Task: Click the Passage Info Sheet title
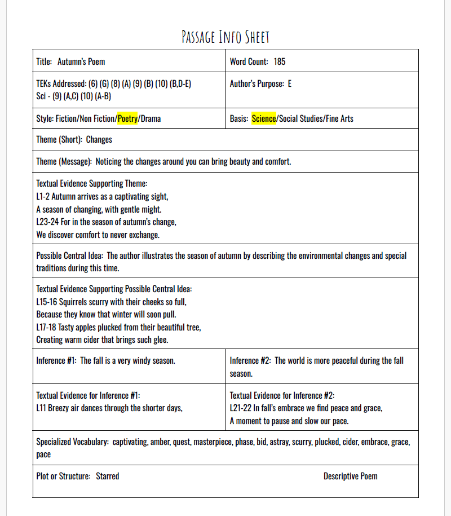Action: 225,37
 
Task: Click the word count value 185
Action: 280,61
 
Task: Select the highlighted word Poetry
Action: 127,118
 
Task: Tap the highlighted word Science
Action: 264,118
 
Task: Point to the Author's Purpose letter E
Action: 290,83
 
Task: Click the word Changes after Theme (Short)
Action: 99,139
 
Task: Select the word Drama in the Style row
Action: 151,118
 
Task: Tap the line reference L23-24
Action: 47,222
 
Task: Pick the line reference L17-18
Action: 47,327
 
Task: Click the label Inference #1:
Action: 56,360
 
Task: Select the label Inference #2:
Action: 250,360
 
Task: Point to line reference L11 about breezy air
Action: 41,408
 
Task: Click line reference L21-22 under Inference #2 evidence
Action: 241,408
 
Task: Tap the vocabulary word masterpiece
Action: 214,442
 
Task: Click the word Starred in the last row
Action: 107,476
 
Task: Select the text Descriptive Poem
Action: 350,476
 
